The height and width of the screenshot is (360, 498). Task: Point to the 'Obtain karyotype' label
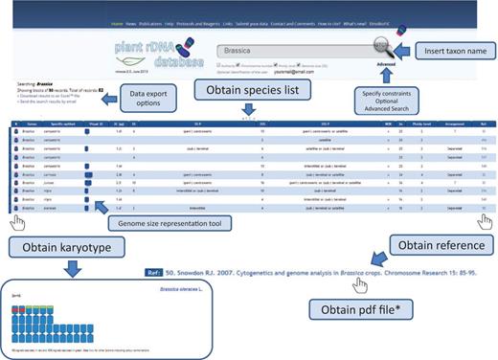[x=60, y=249]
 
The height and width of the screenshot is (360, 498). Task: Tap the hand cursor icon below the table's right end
[x=484, y=222]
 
